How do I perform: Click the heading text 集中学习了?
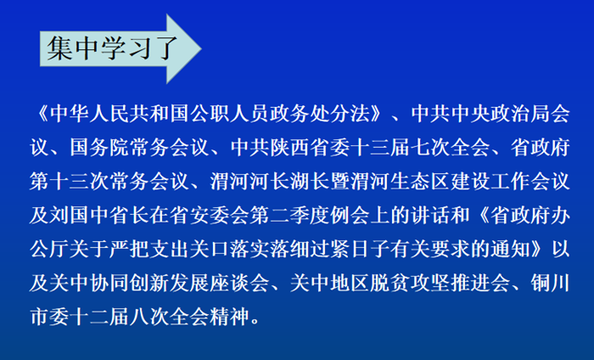[x=112, y=48]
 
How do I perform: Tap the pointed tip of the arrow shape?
[x=201, y=48]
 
